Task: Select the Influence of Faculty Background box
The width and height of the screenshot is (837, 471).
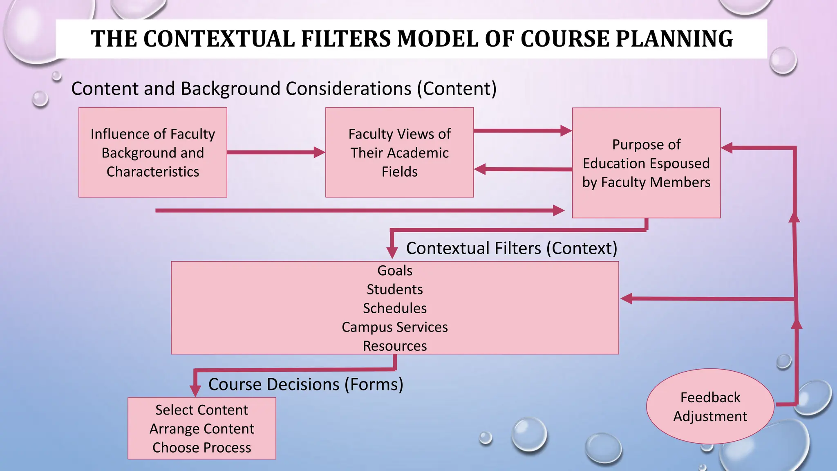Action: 152,153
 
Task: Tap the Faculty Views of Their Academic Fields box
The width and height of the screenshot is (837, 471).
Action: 399,153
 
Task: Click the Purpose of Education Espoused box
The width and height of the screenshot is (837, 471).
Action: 646,163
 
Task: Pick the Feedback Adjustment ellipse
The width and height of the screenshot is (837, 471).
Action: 710,406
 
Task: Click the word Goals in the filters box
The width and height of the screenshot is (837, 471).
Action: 395,271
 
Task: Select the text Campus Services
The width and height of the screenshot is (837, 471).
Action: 395,327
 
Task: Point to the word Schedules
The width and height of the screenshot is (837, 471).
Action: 395,308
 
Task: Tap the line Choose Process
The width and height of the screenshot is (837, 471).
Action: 202,448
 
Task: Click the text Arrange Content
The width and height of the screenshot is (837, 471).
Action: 202,429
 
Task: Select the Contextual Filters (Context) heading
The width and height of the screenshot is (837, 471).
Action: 511,248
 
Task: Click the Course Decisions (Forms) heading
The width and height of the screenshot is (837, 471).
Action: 306,384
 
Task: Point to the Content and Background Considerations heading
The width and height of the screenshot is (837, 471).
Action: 284,89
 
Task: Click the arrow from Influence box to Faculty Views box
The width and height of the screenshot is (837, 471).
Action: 275,153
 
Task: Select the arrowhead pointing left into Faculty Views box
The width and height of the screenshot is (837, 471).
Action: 481,169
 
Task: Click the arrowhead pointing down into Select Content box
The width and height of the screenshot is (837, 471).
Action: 195,390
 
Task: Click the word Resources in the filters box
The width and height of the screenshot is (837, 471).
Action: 395,346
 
